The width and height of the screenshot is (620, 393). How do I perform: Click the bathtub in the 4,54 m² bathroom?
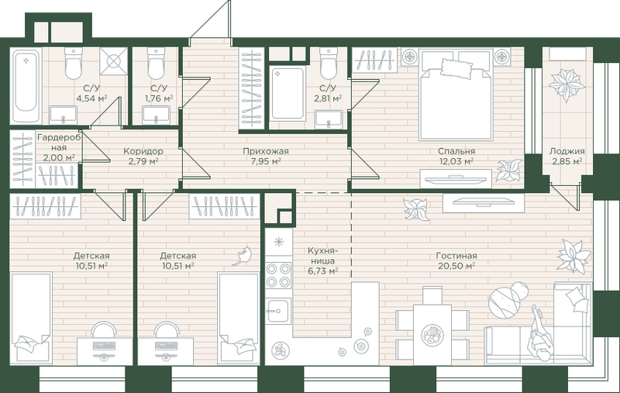(x=26, y=85)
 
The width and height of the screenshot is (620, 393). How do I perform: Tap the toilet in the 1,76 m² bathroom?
(x=156, y=64)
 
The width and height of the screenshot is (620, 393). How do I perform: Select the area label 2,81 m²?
(x=328, y=98)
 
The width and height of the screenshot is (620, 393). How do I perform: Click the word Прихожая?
(x=266, y=151)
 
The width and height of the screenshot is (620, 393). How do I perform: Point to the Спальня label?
(x=456, y=151)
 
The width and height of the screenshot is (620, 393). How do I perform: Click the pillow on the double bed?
(x=456, y=67)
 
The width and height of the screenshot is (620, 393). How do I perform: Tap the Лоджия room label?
(x=567, y=151)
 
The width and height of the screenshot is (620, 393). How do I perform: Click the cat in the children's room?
(x=243, y=256)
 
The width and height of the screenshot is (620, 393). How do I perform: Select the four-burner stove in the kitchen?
(x=279, y=276)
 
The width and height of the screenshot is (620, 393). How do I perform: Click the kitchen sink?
(x=279, y=310)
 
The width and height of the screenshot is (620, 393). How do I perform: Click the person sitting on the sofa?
(x=539, y=333)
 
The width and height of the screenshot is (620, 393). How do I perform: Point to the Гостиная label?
(x=456, y=256)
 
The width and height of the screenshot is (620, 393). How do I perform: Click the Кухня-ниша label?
(x=323, y=256)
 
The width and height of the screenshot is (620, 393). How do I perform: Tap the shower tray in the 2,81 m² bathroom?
(x=288, y=95)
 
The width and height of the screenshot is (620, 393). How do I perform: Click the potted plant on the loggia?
(x=567, y=85)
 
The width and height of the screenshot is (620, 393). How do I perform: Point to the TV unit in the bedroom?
(x=456, y=179)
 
